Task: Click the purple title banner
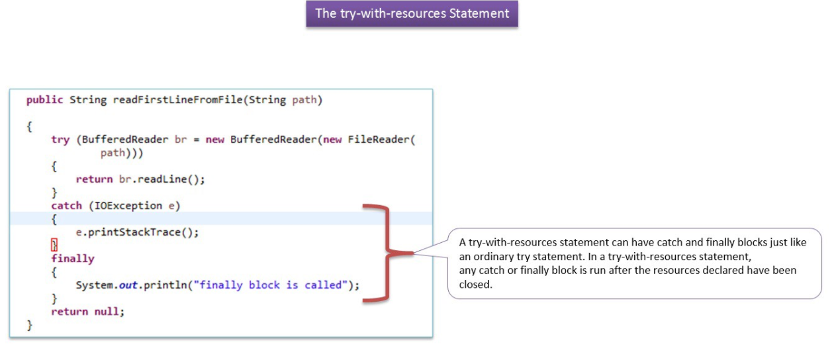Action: click(412, 14)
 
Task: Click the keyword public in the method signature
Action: click(45, 100)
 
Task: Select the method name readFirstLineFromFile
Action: click(178, 100)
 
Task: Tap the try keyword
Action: click(60, 140)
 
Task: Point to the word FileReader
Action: click(379, 140)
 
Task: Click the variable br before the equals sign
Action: click(181, 140)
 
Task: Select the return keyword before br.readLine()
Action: click(95, 179)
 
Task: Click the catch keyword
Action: click(66, 206)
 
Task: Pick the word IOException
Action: click(128, 206)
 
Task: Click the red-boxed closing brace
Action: click(54, 245)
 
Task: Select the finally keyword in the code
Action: click(73, 259)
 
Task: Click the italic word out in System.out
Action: click(128, 285)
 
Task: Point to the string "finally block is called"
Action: click(271, 285)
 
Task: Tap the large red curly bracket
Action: click(387, 253)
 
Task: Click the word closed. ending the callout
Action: click(475, 285)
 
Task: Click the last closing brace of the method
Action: click(30, 326)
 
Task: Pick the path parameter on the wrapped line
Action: click(113, 154)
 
